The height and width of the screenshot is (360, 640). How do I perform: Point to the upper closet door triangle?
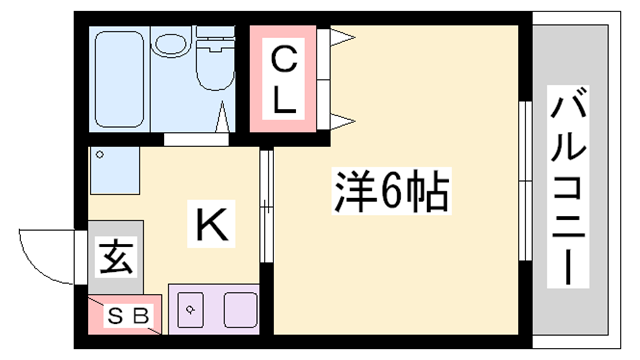(x=343, y=38)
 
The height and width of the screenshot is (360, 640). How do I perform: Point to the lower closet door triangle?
(x=343, y=122)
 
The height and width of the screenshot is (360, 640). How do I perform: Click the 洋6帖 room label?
(x=389, y=190)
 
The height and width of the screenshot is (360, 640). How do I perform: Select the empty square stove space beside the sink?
(x=241, y=309)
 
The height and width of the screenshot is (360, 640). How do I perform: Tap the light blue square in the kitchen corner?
(x=110, y=170)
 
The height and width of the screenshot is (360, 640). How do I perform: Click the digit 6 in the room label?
(x=393, y=190)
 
